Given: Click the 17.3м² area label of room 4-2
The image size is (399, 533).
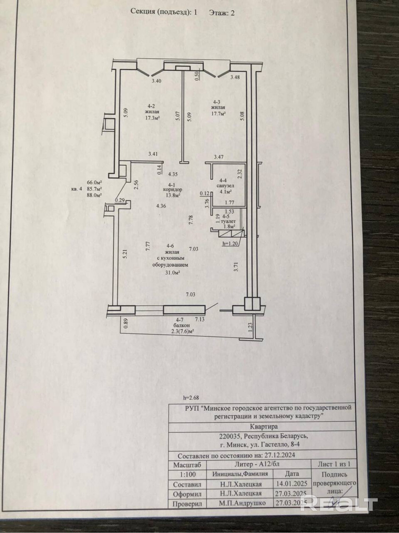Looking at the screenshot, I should coord(152,118).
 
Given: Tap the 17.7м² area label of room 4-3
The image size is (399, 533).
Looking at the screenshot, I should coord(218,113).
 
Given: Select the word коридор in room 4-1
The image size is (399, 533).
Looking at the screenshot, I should coord(173,190).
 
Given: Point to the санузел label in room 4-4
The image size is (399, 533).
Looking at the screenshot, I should coord(225,186).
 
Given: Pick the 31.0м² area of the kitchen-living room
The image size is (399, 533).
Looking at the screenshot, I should coord(173,272).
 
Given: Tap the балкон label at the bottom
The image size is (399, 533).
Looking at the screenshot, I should coord(182,326).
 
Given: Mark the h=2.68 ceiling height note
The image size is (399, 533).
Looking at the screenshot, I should coord(191,398).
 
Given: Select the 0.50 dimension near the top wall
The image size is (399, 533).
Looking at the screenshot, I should coord(197,76).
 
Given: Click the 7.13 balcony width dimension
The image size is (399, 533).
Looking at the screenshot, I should coord(200,319).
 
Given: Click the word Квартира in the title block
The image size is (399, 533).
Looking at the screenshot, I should coord(264,426).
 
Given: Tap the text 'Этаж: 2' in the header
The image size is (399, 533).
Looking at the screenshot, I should coord(222,13).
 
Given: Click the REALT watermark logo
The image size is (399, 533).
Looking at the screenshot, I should coord(339,502).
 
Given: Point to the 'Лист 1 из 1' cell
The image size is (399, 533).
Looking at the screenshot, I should coord(334,464).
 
